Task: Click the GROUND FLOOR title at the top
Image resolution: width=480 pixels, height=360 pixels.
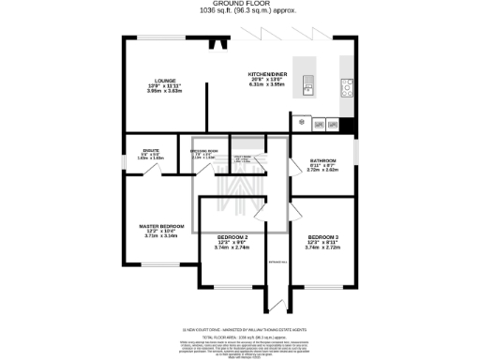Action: point(240,4)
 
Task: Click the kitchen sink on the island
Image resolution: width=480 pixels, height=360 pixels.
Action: point(307,88)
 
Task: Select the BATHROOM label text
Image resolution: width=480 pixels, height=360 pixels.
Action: point(322,160)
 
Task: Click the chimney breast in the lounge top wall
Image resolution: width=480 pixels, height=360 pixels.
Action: point(217,43)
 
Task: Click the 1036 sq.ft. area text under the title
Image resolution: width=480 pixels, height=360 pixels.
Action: point(240,12)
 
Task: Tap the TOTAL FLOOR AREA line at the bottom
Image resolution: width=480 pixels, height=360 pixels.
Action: point(240,336)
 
